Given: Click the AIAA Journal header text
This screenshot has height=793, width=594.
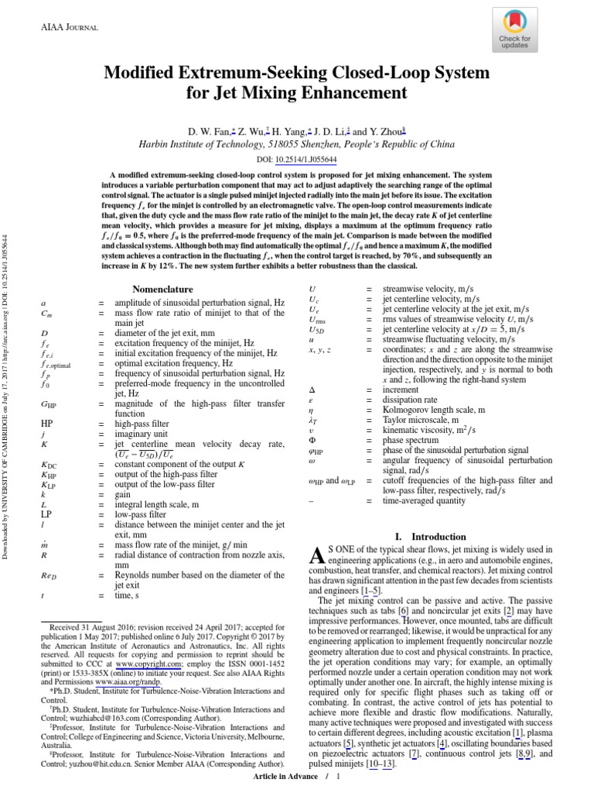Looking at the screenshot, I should tap(69, 27).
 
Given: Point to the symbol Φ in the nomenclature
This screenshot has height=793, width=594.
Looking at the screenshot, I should tap(311, 439).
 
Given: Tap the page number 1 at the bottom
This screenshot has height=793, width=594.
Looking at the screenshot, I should tap(338, 776).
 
